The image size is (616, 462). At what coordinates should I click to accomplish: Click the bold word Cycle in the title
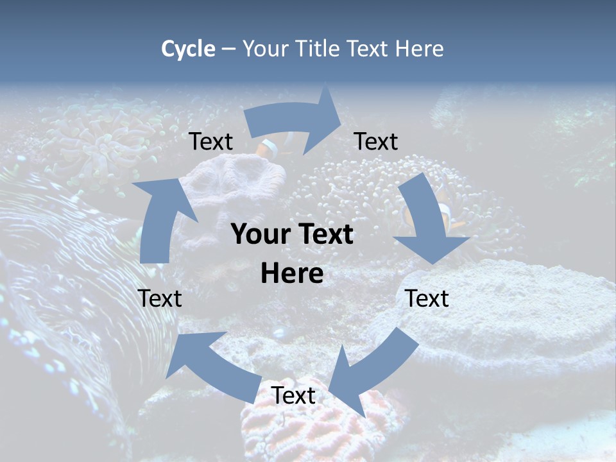coord(188,49)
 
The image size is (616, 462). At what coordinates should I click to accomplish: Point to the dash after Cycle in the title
coord(228,49)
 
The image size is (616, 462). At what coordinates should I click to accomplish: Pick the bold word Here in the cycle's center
coord(292,274)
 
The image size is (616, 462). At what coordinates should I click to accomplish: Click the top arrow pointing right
coord(295,121)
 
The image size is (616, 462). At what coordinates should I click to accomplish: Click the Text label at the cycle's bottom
coord(293,395)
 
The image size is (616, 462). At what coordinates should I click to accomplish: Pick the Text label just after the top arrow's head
coord(376,141)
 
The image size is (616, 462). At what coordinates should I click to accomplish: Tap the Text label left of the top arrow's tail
coord(211,141)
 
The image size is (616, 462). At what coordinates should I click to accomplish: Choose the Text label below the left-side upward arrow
coord(160,298)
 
